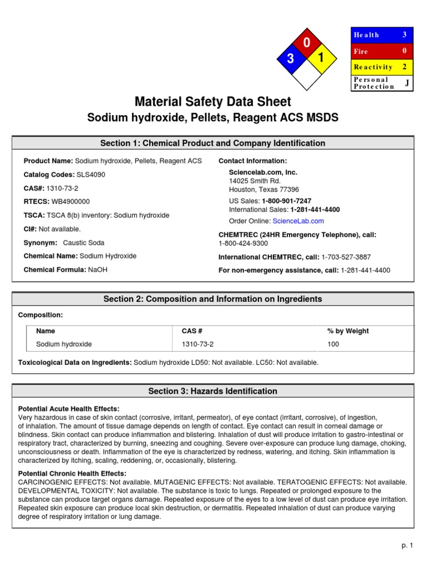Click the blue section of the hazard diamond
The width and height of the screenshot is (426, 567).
pyautogui.click(x=291, y=60)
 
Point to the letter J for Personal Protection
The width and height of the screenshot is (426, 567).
pyautogui.click(x=407, y=83)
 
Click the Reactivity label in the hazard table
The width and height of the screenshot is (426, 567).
pyautogui.click(x=373, y=67)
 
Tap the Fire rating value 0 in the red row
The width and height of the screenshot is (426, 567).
pyautogui.click(x=404, y=51)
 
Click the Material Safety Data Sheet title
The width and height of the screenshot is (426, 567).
pyautogui.click(x=212, y=102)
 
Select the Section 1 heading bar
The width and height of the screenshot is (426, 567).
pyautogui.click(x=212, y=143)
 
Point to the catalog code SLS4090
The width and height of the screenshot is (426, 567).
pyautogui.click(x=90, y=175)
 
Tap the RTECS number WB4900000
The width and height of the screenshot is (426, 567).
pyautogui.click(x=70, y=202)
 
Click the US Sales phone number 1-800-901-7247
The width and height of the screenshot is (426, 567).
pyautogui.click(x=286, y=200)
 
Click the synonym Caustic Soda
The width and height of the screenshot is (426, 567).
pyautogui.click(x=84, y=243)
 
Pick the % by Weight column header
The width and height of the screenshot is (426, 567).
pyautogui.click(x=348, y=331)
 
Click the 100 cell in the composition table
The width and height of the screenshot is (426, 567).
pyautogui.click(x=333, y=344)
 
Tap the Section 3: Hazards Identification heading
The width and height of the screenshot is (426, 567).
pyautogui.click(x=212, y=391)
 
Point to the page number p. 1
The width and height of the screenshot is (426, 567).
pyautogui.click(x=408, y=546)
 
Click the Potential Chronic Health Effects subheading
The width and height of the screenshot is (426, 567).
pyautogui.click(x=73, y=474)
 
